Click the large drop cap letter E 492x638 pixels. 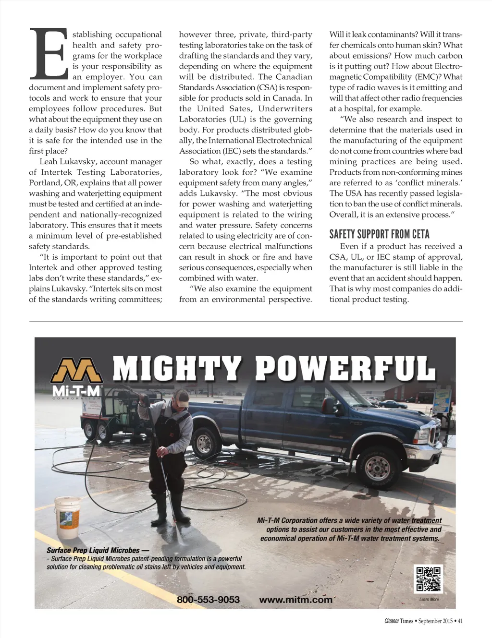49,54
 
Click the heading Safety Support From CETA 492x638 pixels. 379,234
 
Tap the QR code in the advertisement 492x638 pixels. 428,579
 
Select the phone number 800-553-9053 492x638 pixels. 208,600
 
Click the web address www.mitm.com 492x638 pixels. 295,600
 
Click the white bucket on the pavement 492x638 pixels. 67,518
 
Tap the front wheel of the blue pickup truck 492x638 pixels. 377,465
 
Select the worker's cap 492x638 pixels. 181,396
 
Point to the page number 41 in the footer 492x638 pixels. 460,621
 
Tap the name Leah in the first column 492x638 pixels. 48,162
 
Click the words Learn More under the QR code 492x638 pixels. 429,599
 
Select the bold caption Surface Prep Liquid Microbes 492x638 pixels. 94,550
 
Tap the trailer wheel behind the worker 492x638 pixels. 101,433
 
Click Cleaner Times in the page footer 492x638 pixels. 398,621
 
